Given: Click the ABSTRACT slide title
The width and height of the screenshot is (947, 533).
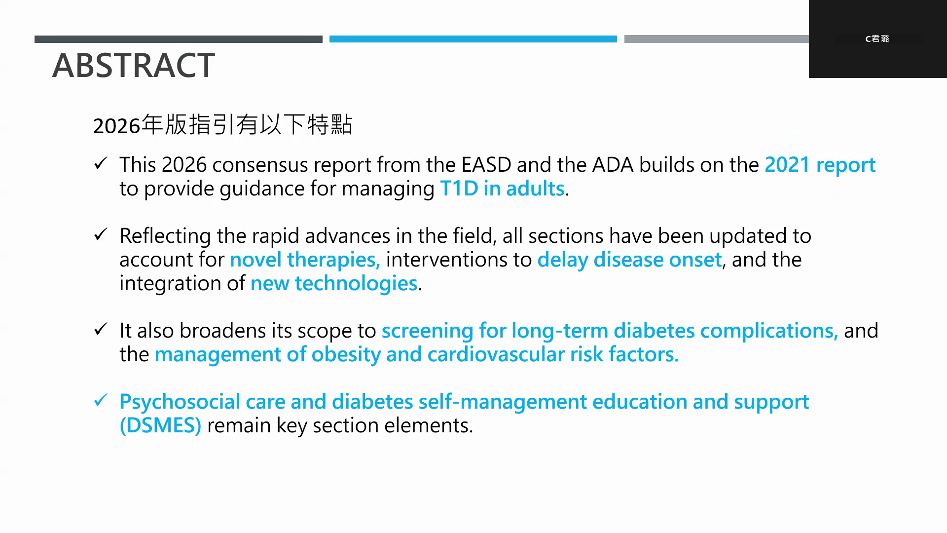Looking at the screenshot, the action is [x=134, y=65].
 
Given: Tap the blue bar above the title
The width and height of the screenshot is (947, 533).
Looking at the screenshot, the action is [x=473, y=39].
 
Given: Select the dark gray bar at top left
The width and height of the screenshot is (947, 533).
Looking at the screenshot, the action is [x=179, y=39].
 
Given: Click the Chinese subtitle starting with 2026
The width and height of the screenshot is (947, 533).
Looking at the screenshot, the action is [x=223, y=125].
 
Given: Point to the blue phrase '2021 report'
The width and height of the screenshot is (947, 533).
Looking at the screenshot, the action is [x=820, y=165].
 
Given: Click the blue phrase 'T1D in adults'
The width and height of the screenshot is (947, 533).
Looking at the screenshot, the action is [x=502, y=189].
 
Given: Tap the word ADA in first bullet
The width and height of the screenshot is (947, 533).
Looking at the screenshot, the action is [x=613, y=165].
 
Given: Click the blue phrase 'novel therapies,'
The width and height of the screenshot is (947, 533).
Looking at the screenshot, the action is [x=305, y=260].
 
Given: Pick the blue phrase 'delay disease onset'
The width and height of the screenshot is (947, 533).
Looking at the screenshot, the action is [x=629, y=260].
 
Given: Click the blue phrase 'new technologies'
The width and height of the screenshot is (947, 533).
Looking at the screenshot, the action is [x=334, y=284].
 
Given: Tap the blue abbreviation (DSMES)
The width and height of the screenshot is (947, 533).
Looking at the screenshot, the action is [x=161, y=425].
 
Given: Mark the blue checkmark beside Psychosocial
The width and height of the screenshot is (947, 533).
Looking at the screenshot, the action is [x=101, y=400].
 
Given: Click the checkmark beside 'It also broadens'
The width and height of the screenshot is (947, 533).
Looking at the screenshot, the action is [x=101, y=329].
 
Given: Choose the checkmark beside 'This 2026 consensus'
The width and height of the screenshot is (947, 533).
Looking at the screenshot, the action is [x=101, y=163].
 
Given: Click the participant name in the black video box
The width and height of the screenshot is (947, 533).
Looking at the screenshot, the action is [x=877, y=38].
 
